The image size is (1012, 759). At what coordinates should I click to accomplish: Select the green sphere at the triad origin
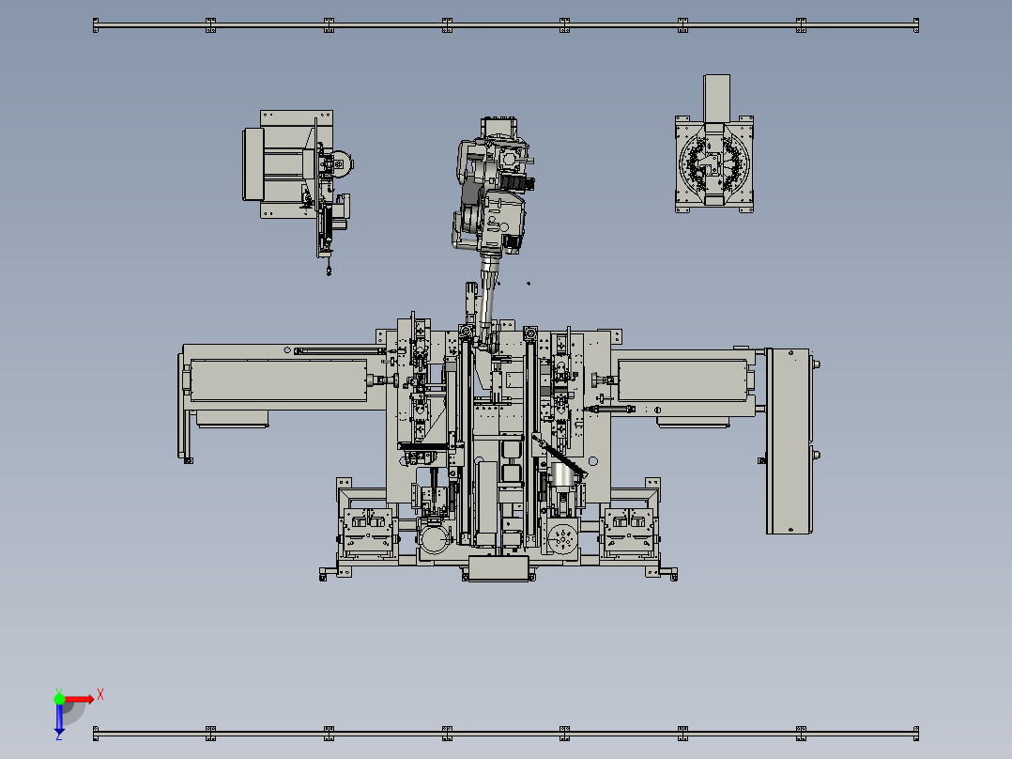click(59, 698)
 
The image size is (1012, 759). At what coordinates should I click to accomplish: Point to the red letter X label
click(100, 694)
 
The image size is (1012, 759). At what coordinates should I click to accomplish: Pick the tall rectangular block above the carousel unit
click(716, 99)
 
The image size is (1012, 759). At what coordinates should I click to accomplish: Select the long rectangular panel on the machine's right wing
click(682, 379)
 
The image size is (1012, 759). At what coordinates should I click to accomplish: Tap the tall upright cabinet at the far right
click(788, 441)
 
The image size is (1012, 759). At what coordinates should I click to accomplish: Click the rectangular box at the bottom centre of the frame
click(498, 567)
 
